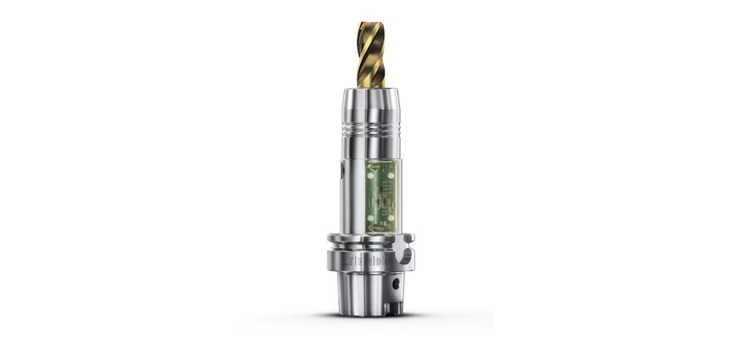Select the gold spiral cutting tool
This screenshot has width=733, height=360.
tap(370, 56)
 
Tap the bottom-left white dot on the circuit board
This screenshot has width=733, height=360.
tap(369, 217)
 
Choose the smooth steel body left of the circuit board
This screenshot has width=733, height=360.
tap(352, 191)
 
